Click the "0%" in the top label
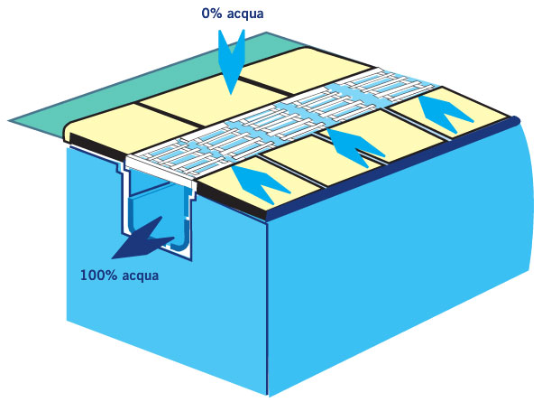tap(213, 14)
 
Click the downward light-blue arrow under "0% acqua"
tap(231, 59)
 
